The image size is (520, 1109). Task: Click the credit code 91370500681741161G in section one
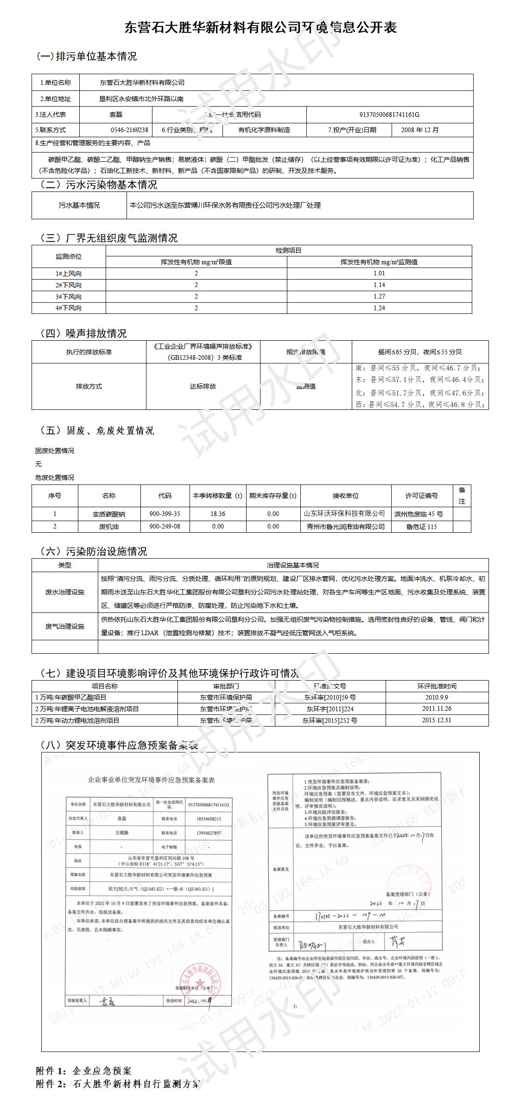click(x=389, y=115)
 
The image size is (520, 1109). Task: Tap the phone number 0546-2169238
click(x=129, y=130)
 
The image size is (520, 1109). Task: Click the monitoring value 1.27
click(x=379, y=296)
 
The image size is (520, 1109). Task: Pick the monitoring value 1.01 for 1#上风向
click(x=379, y=274)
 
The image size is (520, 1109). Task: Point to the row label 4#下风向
click(x=69, y=308)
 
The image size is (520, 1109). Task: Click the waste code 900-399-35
click(x=165, y=514)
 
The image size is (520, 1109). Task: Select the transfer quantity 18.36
click(x=218, y=514)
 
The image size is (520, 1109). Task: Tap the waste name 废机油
click(x=109, y=526)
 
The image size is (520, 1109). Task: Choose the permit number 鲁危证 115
click(x=422, y=526)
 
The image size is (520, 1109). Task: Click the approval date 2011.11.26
click(x=437, y=708)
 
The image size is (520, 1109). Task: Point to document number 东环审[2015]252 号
click(x=330, y=720)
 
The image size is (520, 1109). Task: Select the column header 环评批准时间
click(x=437, y=686)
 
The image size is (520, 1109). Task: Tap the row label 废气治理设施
click(x=65, y=626)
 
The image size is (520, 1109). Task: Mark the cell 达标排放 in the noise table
click(x=203, y=386)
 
